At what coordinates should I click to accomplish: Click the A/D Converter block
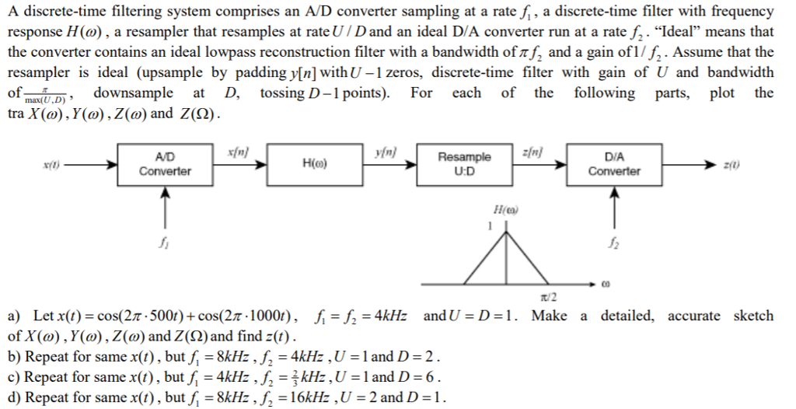coord(165,164)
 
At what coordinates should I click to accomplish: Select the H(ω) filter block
coord(314,164)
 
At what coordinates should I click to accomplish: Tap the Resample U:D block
coord(464,164)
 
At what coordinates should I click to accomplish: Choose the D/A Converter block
coord(614,164)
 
